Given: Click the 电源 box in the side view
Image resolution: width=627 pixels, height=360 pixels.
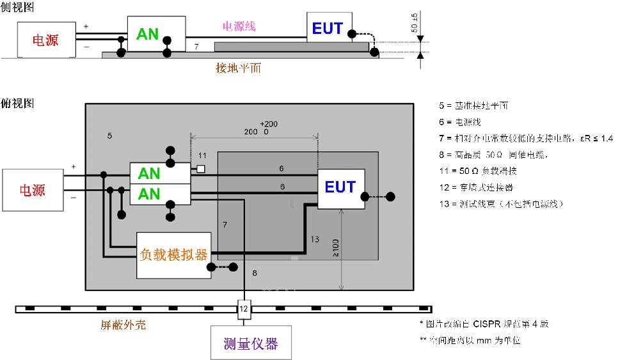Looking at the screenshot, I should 45,40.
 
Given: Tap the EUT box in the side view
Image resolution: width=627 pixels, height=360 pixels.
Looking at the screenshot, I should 327,28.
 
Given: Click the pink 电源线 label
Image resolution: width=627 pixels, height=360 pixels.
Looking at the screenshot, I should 239,26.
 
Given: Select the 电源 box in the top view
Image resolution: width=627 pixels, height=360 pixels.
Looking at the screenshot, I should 33,190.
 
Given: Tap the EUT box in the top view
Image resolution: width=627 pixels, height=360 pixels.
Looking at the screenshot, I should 341,188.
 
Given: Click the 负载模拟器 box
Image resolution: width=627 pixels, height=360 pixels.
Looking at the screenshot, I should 174,254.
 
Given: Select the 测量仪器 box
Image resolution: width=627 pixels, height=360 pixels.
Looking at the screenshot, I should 251,343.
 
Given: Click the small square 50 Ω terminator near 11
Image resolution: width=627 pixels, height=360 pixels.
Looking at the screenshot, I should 201,169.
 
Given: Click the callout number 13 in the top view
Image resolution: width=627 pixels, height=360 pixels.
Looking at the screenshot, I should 314,239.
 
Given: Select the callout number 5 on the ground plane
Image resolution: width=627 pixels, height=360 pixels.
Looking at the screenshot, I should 110,136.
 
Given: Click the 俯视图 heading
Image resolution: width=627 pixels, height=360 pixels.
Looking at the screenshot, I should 17,103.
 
